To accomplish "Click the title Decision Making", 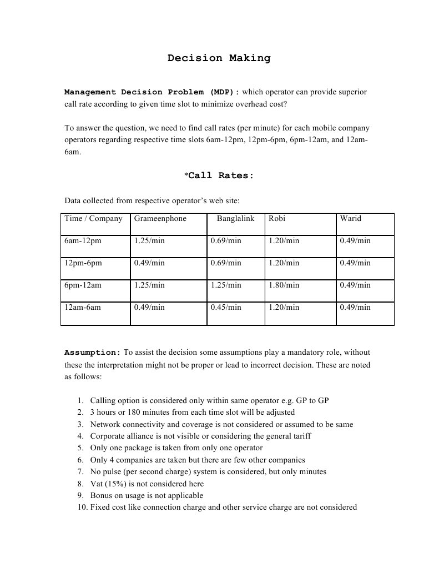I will [x=219, y=58].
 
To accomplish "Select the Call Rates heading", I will [x=220, y=175].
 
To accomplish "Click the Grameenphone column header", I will [x=160, y=218].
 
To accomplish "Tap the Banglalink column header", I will [x=235, y=218].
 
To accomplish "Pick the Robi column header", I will [x=277, y=218].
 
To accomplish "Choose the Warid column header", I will [x=350, y=218].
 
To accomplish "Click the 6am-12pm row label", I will [x=83, y=240].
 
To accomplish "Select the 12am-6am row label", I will [x=83, y=307].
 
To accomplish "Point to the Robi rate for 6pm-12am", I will [x=284, y=285].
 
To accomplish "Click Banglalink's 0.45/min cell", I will [x=226, y=307].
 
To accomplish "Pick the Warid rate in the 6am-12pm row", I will [x=355, y=240].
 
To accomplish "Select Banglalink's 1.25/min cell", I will [x=226, y=285].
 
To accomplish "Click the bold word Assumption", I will [x=92, y=353].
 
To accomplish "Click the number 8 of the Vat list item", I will [x=80, y=484].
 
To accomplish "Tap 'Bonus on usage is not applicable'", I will [x=147, y=495].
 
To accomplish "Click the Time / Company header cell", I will [x=93, y=218].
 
